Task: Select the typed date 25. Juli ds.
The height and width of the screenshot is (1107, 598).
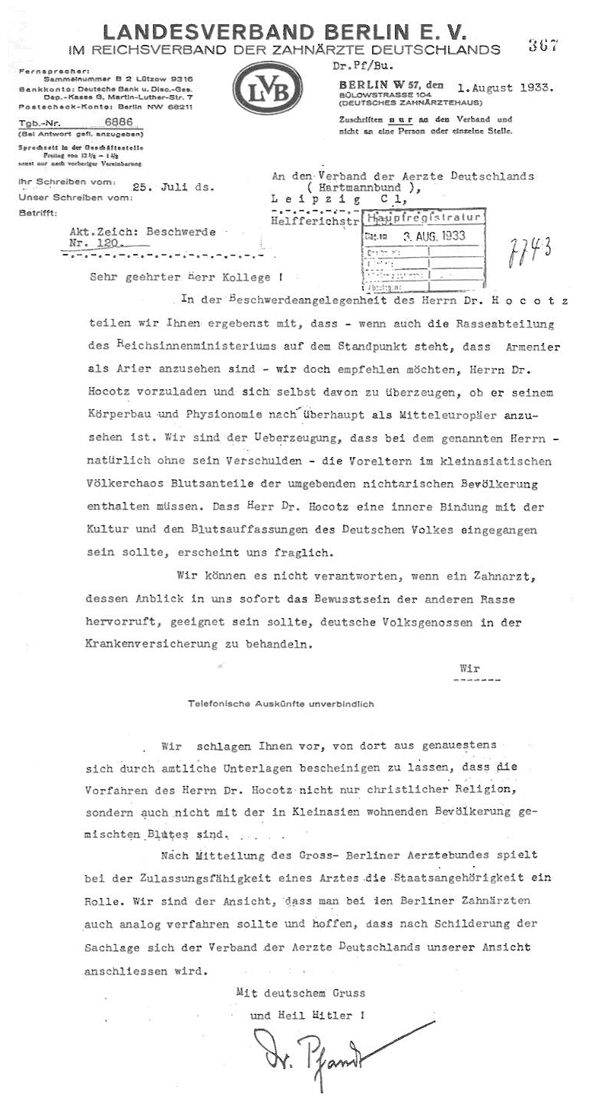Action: tap(173, 185)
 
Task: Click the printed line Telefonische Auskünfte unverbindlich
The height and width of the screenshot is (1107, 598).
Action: tap(281, 704)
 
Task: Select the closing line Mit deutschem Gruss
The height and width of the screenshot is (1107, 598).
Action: tap(301, 993)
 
